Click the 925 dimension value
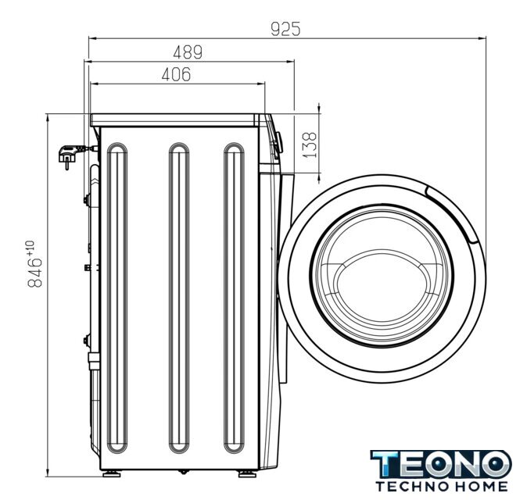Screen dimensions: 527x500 (x=285, y=29)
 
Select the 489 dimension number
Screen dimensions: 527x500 (x=188, y=52)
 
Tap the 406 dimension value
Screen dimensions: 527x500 (x=176, y=74)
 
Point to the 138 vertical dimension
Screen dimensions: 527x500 (x=310, y=145)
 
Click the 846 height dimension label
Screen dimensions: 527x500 (x=35, y=273)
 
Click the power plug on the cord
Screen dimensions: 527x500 (x=69, y=155)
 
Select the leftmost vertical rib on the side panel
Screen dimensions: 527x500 (x=117, y=298)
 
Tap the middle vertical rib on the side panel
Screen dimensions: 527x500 (x=179, y=298)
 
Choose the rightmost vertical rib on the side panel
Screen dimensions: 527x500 (x=234, y=298)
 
